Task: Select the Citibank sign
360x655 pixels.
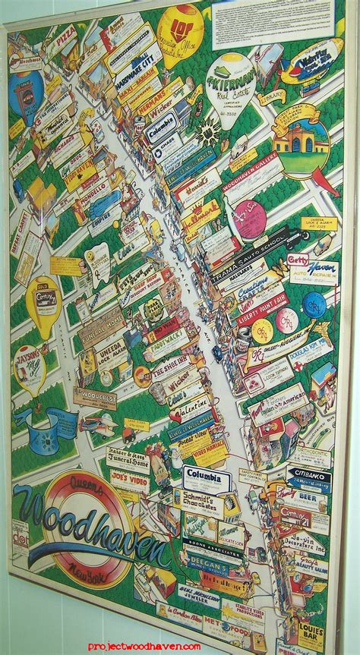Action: pyautogui.click(x=309, y=477)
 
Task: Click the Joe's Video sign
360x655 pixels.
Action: pyautogui.click(x=130, y=480)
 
